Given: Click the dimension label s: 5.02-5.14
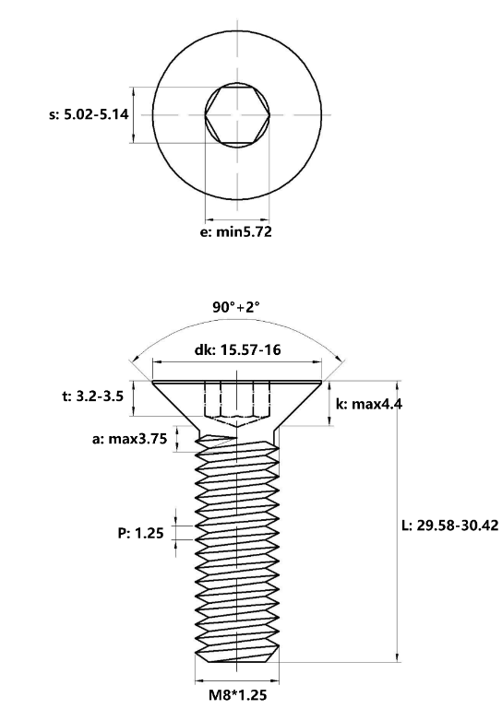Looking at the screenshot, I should click(x=89, y=115).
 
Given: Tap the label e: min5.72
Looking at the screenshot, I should click(x=236, y=231).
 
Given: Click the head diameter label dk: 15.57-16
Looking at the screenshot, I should click(x=237, y=350).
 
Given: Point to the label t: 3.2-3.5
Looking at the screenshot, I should click(x=92, y=397).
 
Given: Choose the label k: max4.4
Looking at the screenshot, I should click(x=369, y=404).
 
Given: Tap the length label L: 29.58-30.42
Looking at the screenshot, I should click(x=450, y=525).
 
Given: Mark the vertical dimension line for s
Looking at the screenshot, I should click(x=134, y=115).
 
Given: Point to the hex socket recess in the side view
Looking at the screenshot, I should click(x=236, y=401).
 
